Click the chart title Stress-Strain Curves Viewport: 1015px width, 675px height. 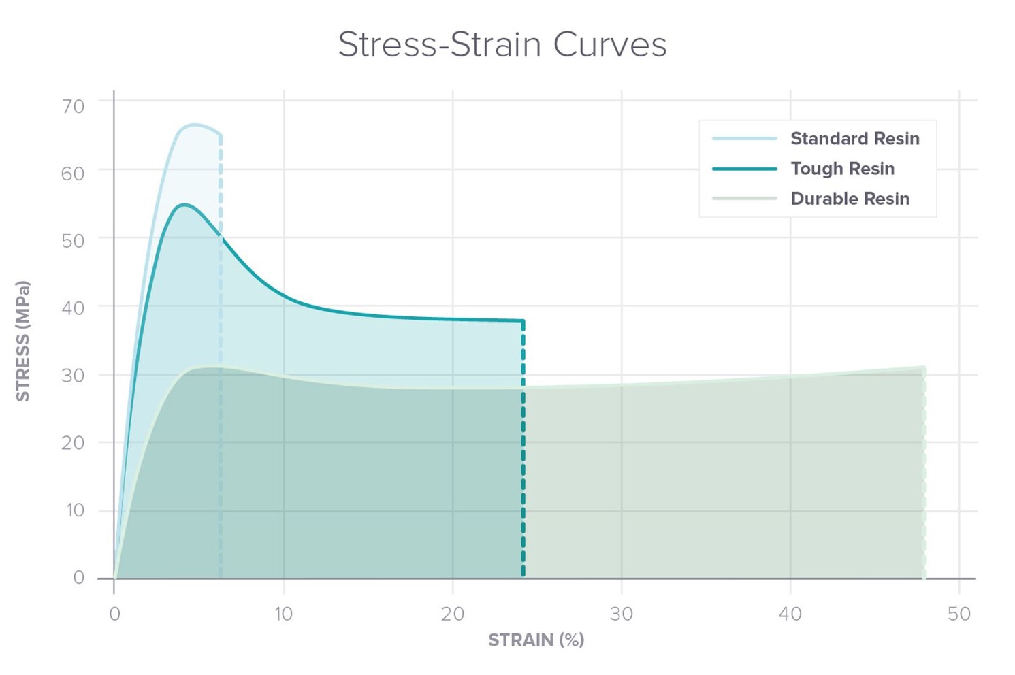(x=502, y=45)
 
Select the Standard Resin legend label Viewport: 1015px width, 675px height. (x=854, y=139)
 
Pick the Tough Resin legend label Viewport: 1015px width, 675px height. (x=842, y=169)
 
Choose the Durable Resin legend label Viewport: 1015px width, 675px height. (x=850, y=199)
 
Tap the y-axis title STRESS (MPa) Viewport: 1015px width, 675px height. (x=23, y=341)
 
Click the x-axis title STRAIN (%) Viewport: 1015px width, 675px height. (x=536, y=640)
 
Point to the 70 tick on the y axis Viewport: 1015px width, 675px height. (x=73, y=106)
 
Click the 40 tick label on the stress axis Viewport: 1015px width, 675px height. (x=73, y=308)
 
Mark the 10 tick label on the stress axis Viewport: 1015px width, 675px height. (x=74, y=510)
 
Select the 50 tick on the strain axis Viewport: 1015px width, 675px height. (x=958, y=614)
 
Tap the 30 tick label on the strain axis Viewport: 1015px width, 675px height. (x=621, y=614)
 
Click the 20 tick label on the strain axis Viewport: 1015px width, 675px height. (x=452, y=614)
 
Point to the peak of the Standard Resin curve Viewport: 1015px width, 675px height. (x=195, y=125)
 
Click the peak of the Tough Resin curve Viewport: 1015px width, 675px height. (x=184, y=204)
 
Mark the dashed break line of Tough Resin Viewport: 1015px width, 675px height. (x=523, y=449)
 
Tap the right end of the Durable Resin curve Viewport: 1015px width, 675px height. (x=923, y=368)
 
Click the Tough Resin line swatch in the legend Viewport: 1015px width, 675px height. (x=744, y=169)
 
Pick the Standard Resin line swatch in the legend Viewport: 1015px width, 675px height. (x=744, y=139)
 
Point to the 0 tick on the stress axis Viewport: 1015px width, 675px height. (x=79, y=578)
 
